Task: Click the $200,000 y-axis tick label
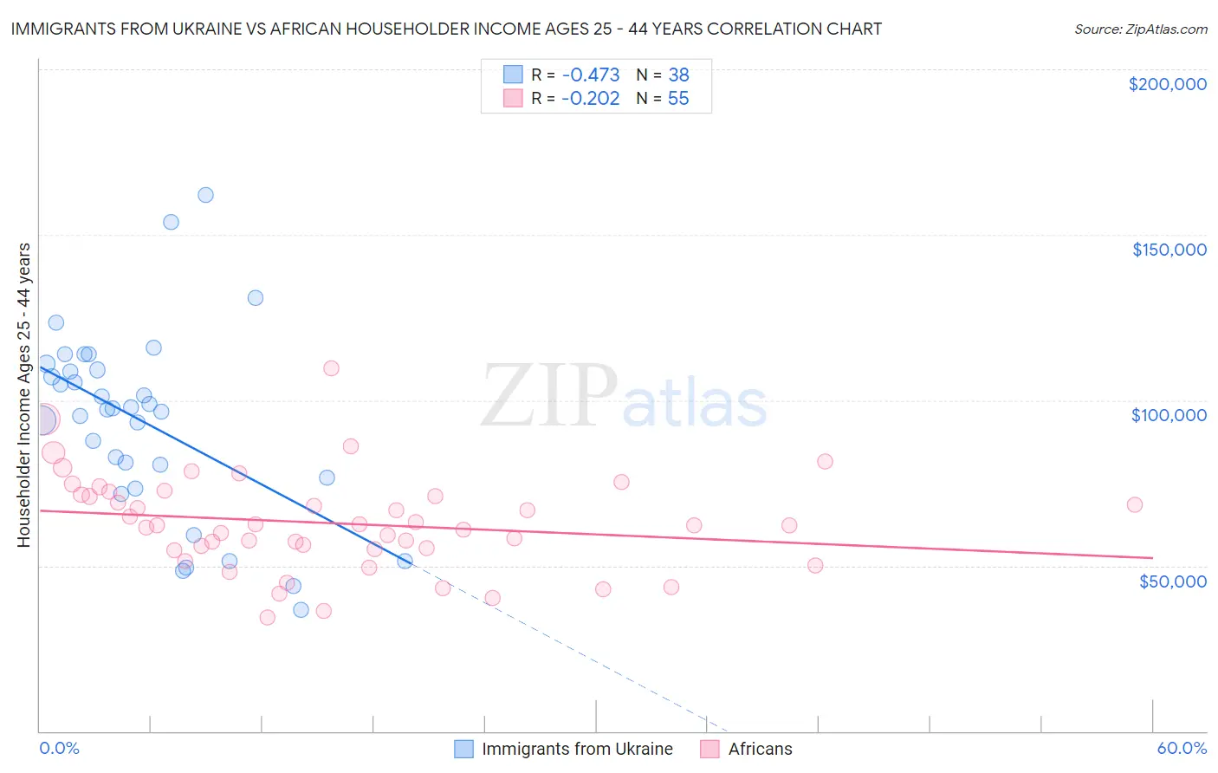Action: click(x=1167, y=84)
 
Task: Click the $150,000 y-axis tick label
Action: click(x=1169, y=250)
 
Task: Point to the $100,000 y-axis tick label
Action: click(x=1169, y=415)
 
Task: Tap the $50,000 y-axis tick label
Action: click(x=1172, y=581)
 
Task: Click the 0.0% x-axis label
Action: click(x=59, y=748)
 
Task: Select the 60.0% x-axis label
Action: click(x=1181, y=748)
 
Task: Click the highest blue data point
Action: click(x=205, y=195)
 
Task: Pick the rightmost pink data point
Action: click(x=1134, y=504)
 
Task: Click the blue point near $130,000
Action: click(x=256, y=298)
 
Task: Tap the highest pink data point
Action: click(x=331, y=368)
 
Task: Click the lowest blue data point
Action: click(x=301, y=609)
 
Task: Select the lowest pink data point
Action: click(x=268, y=617)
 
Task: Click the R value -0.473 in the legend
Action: click(x=590, y=75)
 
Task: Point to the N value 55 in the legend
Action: click(x=677, y=99)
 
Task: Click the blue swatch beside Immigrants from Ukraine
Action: click(x=464, y=749)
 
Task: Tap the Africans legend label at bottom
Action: click(x=760, y=749)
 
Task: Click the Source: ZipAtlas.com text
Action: click(x=1140, y=29)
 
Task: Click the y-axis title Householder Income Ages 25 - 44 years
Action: click(x=23, y=395)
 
